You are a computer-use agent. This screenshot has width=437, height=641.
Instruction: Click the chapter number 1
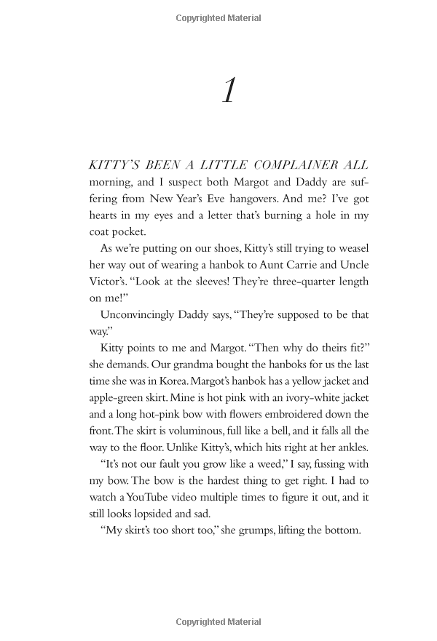click(x=229, y=91)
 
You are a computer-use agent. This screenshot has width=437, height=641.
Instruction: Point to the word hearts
click(x=105, y=215)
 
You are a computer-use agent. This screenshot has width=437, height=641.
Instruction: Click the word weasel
click(x=350, y=249)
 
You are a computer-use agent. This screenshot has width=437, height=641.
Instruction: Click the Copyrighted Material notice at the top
click(x=219, y=18)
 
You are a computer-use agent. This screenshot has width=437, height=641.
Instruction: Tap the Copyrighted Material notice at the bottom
click(x=219, y=623)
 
